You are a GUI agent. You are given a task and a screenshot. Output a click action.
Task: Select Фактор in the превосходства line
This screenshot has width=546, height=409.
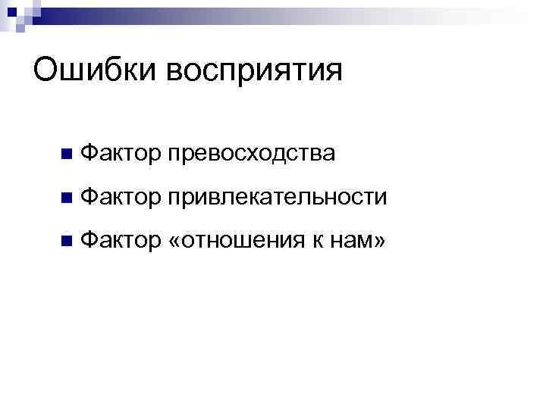click(119, 153)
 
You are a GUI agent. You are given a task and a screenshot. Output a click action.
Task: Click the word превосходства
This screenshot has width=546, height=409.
click(251, 154)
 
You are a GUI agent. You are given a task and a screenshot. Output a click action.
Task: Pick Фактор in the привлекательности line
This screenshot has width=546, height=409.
click(119, 198)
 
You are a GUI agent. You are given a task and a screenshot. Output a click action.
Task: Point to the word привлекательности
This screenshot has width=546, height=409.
click(278, 198)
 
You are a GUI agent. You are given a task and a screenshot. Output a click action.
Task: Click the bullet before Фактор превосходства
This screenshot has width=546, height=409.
click(67, 155)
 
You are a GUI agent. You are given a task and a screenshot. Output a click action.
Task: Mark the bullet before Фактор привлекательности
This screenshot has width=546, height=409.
click(67, 198)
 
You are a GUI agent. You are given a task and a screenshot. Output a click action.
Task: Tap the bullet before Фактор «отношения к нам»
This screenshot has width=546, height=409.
click(67, 242)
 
